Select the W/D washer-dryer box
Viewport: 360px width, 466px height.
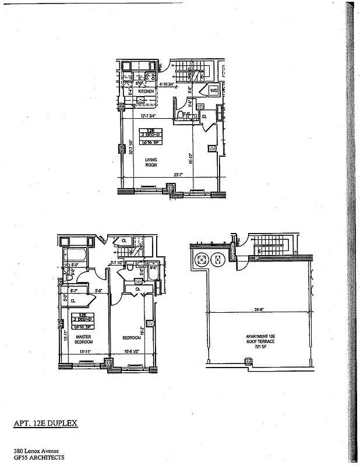point(213,91)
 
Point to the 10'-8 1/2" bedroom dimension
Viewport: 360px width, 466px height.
point(132,352)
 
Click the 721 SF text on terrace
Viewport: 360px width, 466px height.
point(260,345)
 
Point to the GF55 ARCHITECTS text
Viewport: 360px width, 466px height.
point(39,458)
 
